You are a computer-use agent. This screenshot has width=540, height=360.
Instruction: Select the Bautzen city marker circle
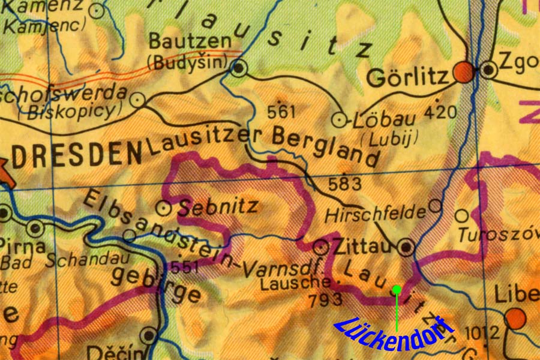point(239,68)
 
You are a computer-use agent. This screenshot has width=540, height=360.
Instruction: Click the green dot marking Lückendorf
point(397,290)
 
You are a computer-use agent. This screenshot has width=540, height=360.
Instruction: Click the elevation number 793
point(324,300)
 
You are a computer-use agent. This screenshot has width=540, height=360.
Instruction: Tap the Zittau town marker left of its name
point(322,246)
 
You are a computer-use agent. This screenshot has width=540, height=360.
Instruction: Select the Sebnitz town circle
point(164,208)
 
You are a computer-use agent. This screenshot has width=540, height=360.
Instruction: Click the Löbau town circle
point(340,120)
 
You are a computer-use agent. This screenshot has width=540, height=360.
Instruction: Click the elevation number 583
point(346,184)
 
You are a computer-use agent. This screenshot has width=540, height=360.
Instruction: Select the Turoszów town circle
point(461,215)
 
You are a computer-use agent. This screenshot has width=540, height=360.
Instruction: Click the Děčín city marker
point(148,335)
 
